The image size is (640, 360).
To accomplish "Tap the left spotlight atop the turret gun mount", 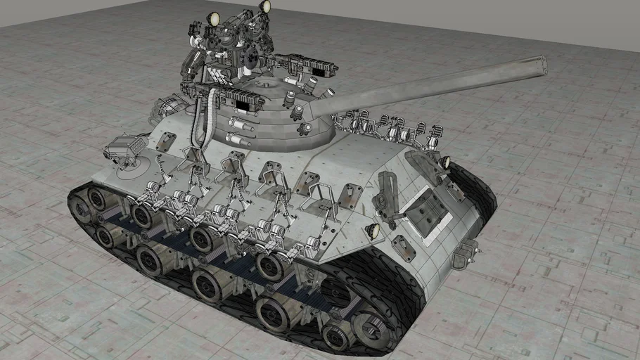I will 213,19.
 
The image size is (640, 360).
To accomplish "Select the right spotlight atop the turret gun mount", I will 265,6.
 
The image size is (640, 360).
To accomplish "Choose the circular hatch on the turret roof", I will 267,85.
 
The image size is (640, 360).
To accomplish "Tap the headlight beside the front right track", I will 444,163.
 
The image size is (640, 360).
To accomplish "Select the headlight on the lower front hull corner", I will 373,231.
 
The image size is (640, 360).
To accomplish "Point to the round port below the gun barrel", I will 305,128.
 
